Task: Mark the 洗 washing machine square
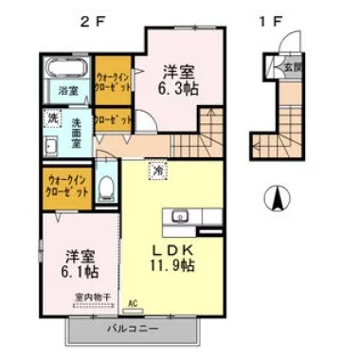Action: tap(53, 120)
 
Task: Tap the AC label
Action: tap(133, 305)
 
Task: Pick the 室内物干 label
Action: tap(93, 297)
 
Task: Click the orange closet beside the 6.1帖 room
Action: tap(67, 186)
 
